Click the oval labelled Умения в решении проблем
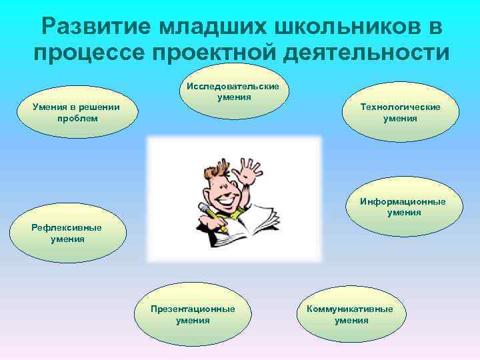coord(77,112)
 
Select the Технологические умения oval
coord(400,112)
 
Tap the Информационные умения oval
coord(404,207)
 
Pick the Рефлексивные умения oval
coord(67,233)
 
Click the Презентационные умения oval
coord(193,314)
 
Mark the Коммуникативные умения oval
coord(351,314)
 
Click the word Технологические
coord(400,107)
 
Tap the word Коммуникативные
coord(350,309)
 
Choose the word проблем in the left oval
coord(77,118)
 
